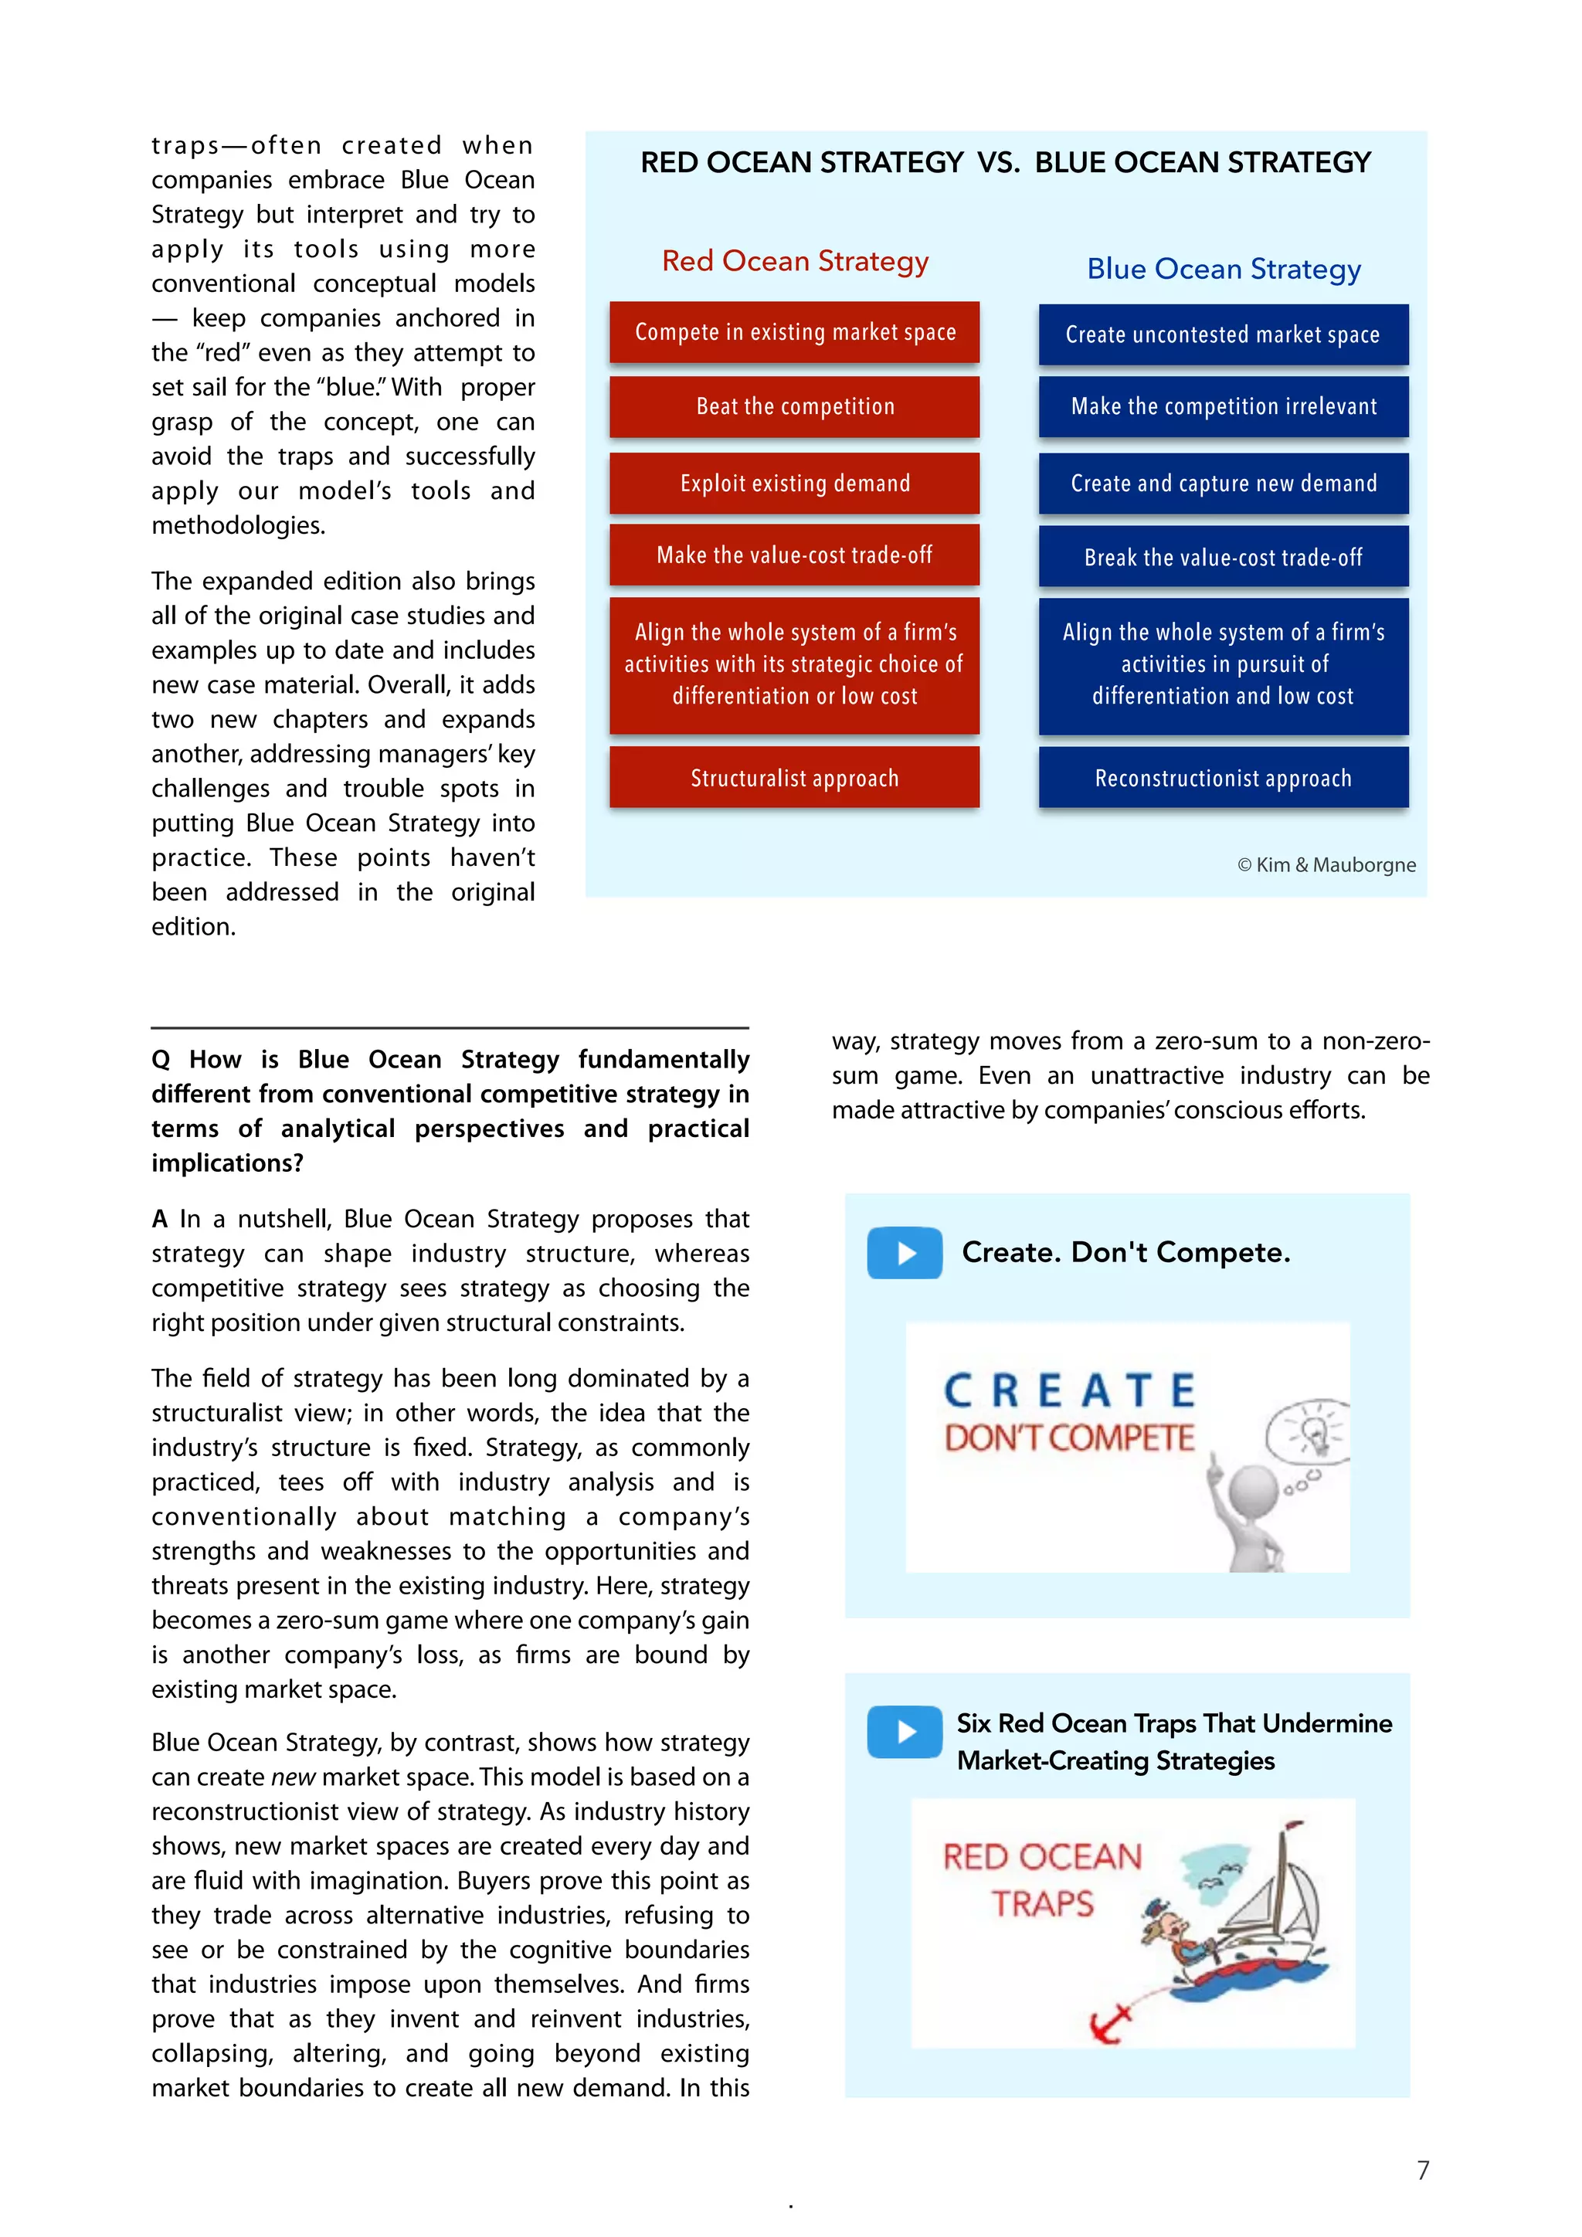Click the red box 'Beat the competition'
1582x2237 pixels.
pos(794,406)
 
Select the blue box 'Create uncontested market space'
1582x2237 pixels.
pos(1223,334)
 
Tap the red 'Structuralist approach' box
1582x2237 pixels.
pos(794,778)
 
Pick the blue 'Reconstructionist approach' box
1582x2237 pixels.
pos(1223,778)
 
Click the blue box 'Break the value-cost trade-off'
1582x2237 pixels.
pos(1223,556)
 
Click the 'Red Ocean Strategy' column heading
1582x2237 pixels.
pos(794,261)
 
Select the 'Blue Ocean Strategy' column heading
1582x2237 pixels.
pos(1223,269)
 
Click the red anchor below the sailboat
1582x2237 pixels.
pos(1112,2025)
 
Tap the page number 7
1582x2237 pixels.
pos(1422,2170)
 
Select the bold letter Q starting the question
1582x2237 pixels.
pos(161,1060)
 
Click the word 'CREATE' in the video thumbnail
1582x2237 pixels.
pos(1068,1390)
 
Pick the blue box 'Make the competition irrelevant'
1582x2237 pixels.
pos(1223,406)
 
